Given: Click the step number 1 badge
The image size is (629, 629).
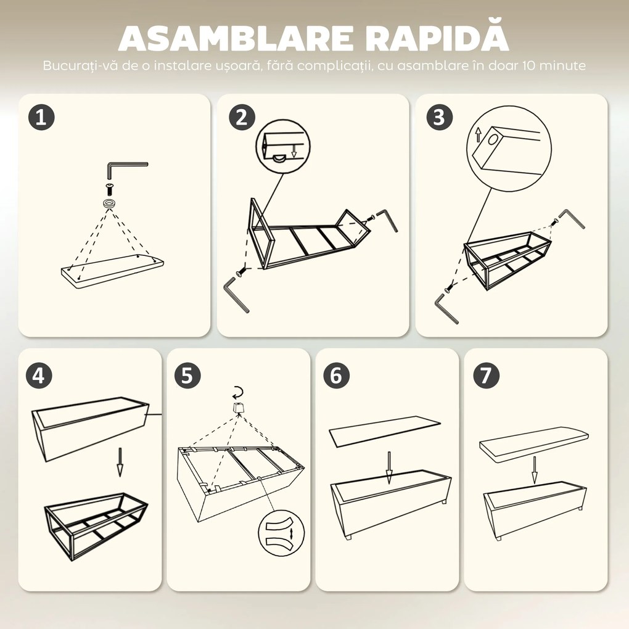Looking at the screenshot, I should (41, 117).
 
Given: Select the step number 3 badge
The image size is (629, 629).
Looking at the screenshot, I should (439, 117).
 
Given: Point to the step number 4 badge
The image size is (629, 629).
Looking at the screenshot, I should (39, 375).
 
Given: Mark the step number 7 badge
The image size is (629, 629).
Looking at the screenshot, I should (485, 375).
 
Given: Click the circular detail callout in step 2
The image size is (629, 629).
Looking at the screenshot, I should (283, 146).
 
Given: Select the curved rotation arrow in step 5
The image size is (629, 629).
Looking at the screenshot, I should (237, 392).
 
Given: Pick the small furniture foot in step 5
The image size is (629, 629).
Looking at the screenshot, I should (237, 409).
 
